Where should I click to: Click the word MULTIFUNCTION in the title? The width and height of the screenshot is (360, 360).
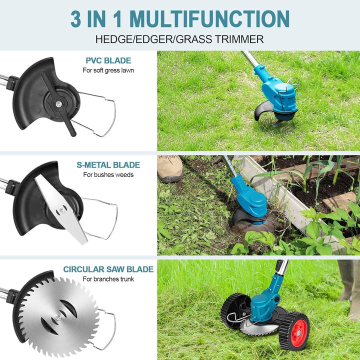click(209, 19)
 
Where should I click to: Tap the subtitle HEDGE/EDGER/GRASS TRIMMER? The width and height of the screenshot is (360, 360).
click(179, 39)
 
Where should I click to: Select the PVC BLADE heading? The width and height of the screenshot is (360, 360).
click(108, 60)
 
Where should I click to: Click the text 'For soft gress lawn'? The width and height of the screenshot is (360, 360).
click(108, 70)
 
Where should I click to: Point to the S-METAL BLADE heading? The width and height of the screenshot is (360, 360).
click(108, 165)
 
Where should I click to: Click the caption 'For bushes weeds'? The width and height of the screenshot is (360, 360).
click(108, 174)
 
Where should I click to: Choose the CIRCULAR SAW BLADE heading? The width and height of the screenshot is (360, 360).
click(108, 269)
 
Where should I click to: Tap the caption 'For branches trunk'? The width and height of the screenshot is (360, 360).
click(108, 279)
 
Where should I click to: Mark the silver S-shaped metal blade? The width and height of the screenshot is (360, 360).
click(61, 209)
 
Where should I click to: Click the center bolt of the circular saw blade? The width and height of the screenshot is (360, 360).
click(59, 317)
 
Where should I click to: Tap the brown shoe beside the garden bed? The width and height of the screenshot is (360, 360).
click(170, 168)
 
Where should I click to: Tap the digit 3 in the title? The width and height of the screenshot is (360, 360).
click(76, 19)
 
